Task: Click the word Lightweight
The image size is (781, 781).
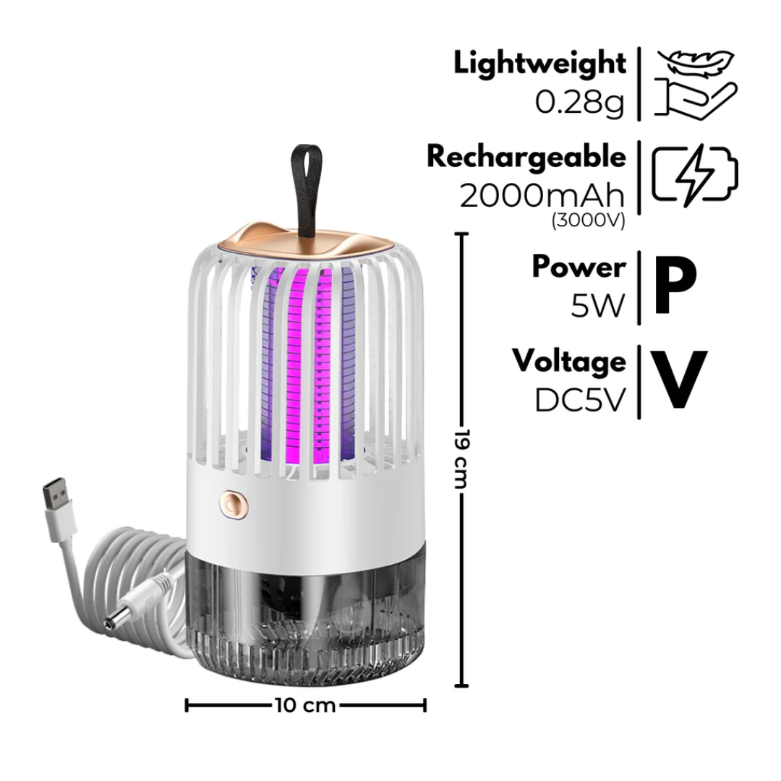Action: [x=539, y=64]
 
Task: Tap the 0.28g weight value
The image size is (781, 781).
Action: [x=579, y=103]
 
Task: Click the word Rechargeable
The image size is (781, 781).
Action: [x=526, y=156]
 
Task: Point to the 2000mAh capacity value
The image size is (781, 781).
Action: [x=542, y=195]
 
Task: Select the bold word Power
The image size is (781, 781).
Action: [x=579, y=267]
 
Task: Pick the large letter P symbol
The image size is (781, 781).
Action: [x=674, y=287]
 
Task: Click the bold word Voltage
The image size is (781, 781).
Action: [x=569, y=361]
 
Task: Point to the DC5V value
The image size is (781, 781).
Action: [x=579, y=400]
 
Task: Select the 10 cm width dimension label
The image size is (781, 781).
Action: [x=306, y=705]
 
